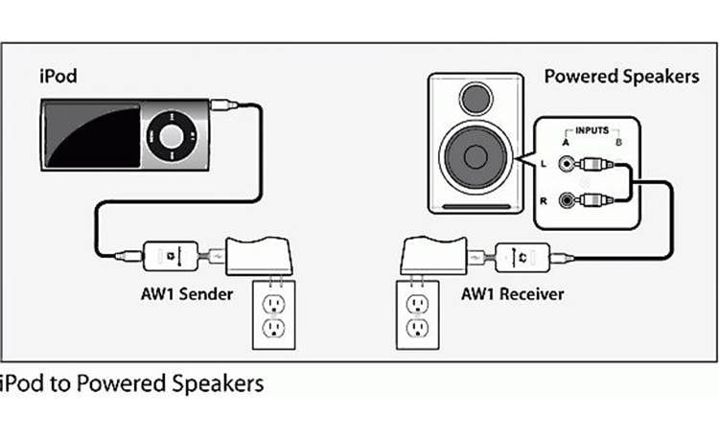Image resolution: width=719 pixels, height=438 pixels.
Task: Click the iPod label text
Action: [x=59, y=76]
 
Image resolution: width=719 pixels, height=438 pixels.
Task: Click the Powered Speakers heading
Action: [x=621, y=76]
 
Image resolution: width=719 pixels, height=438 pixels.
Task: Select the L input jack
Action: [x=570, y=165]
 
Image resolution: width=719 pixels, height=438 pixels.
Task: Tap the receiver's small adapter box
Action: [x=523, y=256]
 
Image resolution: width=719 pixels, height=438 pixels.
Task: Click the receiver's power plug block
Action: [x=432, y=258]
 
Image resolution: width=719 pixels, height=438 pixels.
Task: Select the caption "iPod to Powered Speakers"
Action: [x=131, y=384]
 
